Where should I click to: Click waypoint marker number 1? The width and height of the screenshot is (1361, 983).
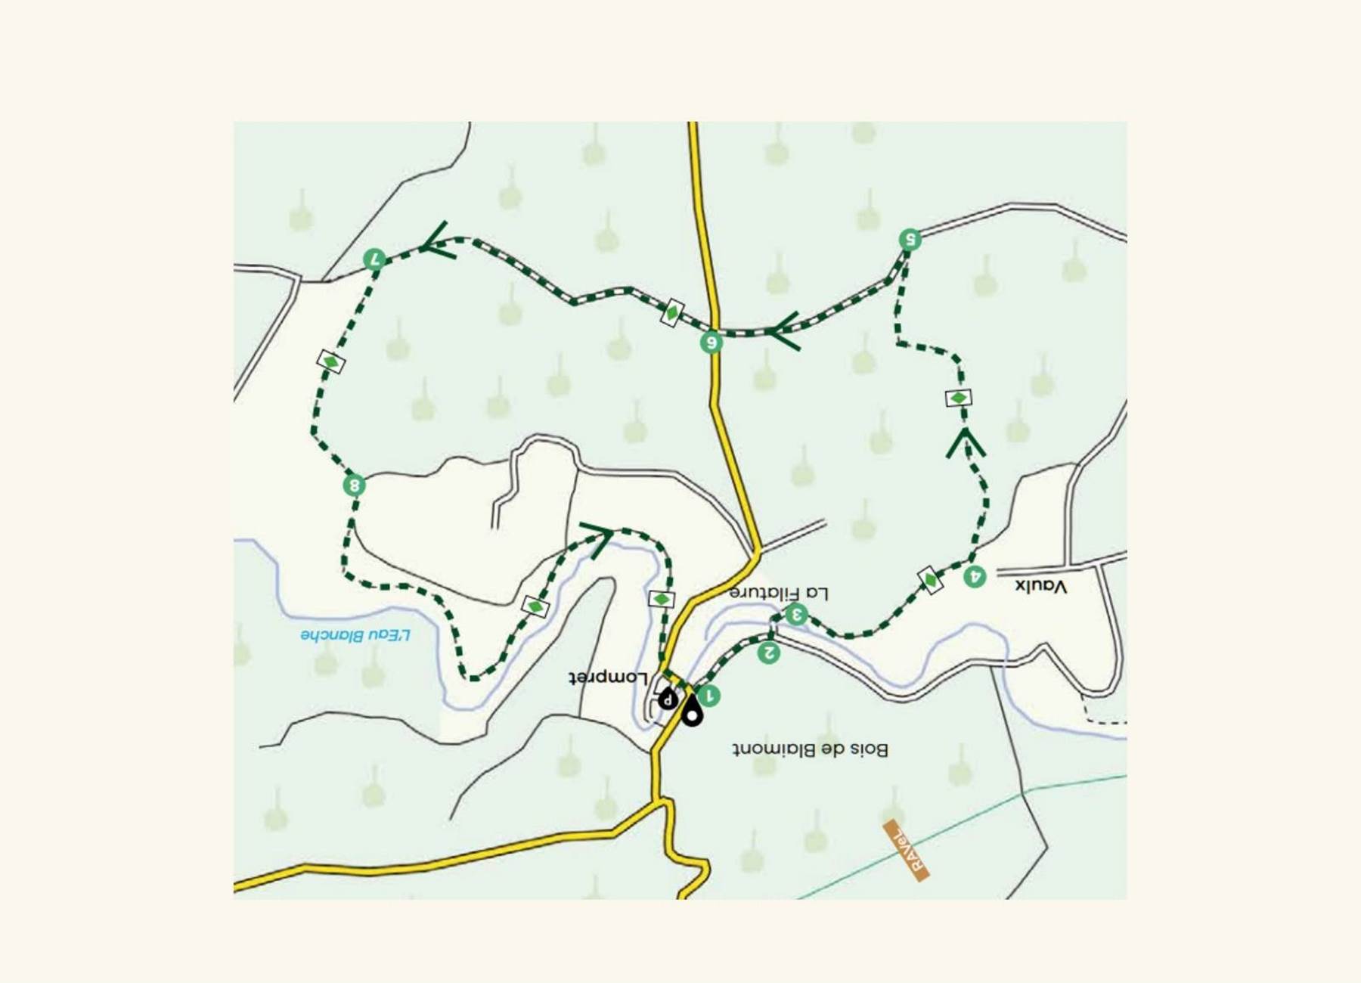[x=708, y=696]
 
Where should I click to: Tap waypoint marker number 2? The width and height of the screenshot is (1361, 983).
[x=768, y=652]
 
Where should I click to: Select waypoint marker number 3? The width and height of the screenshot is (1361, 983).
[x=795, y=615]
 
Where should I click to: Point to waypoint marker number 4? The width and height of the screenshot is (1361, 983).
[x=975, y=577]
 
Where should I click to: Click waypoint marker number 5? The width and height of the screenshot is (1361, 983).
[x=910, y=240]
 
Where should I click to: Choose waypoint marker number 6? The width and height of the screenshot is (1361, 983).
[x=711, y=343]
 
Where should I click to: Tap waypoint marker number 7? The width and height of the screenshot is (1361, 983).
[x=374, y=259]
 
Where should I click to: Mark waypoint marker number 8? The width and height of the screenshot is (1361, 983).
[x=354, y=485]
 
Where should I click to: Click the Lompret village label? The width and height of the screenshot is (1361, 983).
[x=608, y=677]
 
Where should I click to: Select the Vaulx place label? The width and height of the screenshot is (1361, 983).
[x=1040, y=586]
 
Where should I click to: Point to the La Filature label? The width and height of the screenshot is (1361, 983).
[x=779, y=593]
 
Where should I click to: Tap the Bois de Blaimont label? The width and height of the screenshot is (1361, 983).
[x=810, y=749]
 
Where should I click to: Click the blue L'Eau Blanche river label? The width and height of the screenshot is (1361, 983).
[x=355, y=634]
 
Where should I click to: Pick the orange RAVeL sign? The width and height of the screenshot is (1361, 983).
[x=906, y=850]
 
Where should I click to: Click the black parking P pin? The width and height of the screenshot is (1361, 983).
[x=667, y=698]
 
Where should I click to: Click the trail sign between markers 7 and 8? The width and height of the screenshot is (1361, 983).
[x=331, y=362]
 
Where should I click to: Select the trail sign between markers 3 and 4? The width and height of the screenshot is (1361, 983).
[x=930, y=580]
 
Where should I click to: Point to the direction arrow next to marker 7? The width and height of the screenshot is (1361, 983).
[x=439, y=242]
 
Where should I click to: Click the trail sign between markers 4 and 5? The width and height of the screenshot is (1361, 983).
[x=958, y=398]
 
